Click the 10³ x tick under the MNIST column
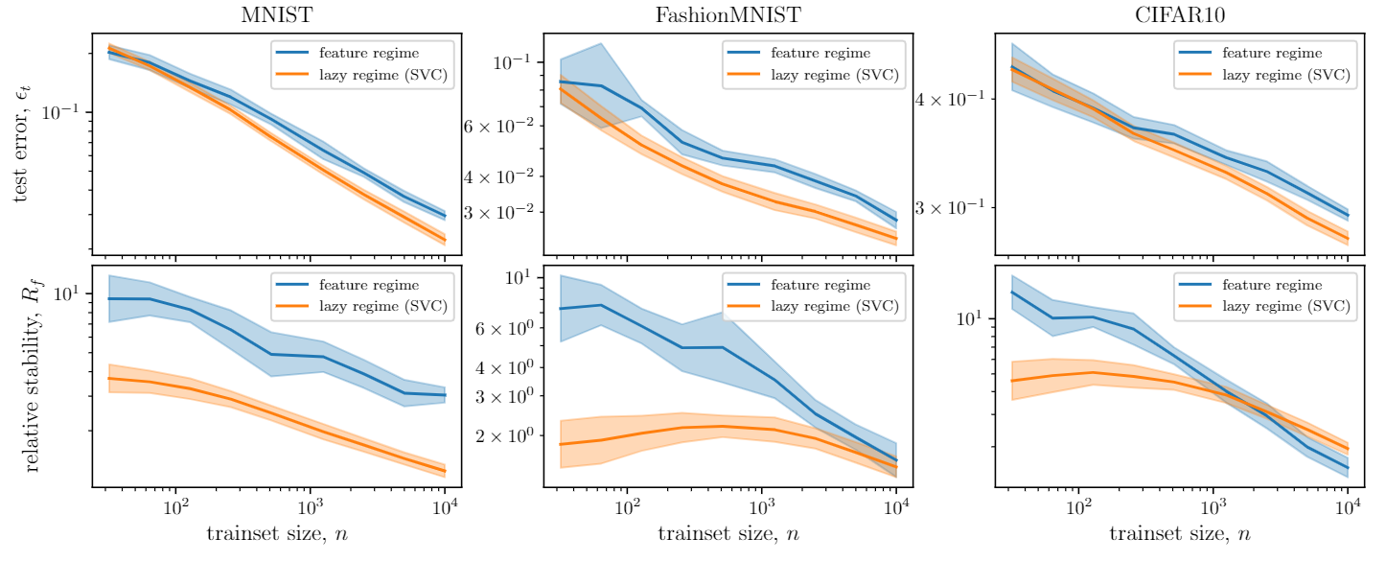(311, 504)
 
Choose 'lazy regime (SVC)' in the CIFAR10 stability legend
(1287, 306)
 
